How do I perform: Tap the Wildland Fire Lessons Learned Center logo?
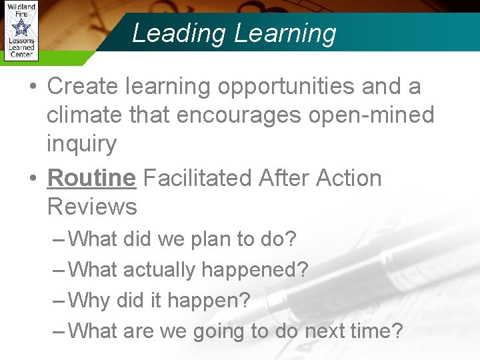(x=21, y=31)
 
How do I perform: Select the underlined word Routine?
(x=91, y=179)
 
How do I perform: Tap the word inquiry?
(x=81, y=144)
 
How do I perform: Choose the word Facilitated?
(x=197, y=179)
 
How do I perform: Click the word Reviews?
(x=92, y=207)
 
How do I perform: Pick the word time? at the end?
(x=378, y=331)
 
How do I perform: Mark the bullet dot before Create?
(x=33, y=87)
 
